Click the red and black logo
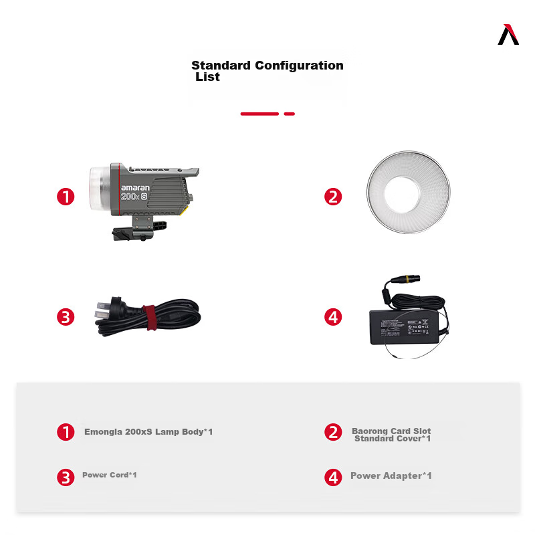pyautogui.click(x=508, y=35)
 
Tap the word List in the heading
pyautogui.click(x=207, y=77)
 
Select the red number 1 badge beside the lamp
pyautogui.click(x=66, y=197)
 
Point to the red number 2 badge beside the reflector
pyautogui.click(x=333, y=197)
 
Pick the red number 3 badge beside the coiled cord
pyautogui.click(x=66, y=316)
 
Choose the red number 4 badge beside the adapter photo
pyautogui.click(x=333, y=316)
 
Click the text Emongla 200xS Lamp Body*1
pyautogui.click(x=148, y=432)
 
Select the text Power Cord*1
pyautogui.click(x=110, y=475)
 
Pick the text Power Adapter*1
pyautogui.click(x=391, y=475)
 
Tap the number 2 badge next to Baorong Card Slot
pyautogui.click(x=333, y=432)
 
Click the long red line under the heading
pyautogui.click(x=259, y=114)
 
